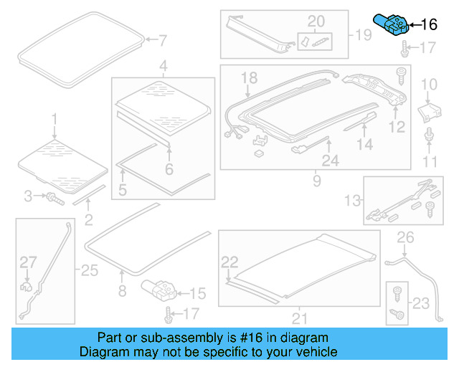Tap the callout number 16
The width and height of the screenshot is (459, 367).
(428, 25)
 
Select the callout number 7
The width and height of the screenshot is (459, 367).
(162, 39)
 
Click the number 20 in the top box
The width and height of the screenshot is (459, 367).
(316, 21)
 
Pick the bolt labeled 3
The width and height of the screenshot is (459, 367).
(54, 196)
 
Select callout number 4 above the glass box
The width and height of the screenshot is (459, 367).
(164, 67)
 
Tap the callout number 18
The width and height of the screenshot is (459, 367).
(248, 77)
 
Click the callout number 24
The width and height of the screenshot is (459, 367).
(330, 161)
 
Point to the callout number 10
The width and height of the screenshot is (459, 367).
(428, 85)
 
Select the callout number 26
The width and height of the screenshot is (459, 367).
(406, 237)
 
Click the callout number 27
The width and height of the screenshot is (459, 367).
(27, 262)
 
